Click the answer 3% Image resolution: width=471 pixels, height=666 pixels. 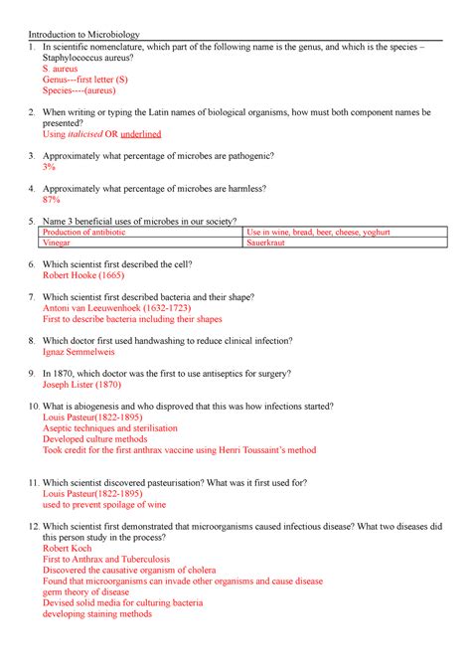point(49,168)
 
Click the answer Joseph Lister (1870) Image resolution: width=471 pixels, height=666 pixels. point(83,384)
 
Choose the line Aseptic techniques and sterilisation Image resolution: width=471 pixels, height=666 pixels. point(110,428)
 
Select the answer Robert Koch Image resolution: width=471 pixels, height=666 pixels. point(69,548)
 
